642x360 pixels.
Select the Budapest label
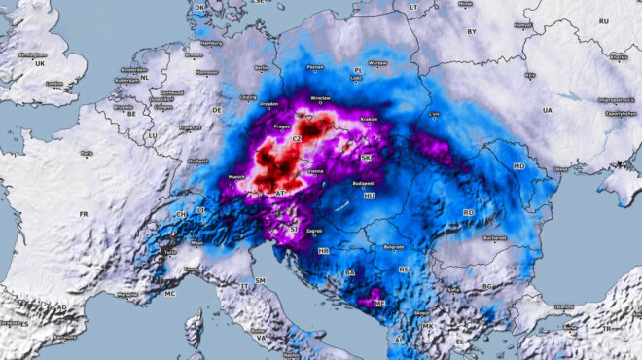tap(364, 181)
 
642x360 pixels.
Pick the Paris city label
tap(88, 153)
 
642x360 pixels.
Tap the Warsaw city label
tap(377, 63)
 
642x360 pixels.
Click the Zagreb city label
tap(314, 232)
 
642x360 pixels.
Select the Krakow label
tap(369, 119)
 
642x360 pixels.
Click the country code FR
tap(84, 214)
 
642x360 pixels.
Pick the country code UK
tap(40, 62)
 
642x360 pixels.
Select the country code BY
tap(473, 31)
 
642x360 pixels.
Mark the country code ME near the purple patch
tap(379, 303)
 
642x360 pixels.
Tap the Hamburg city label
tap(209, 43)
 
